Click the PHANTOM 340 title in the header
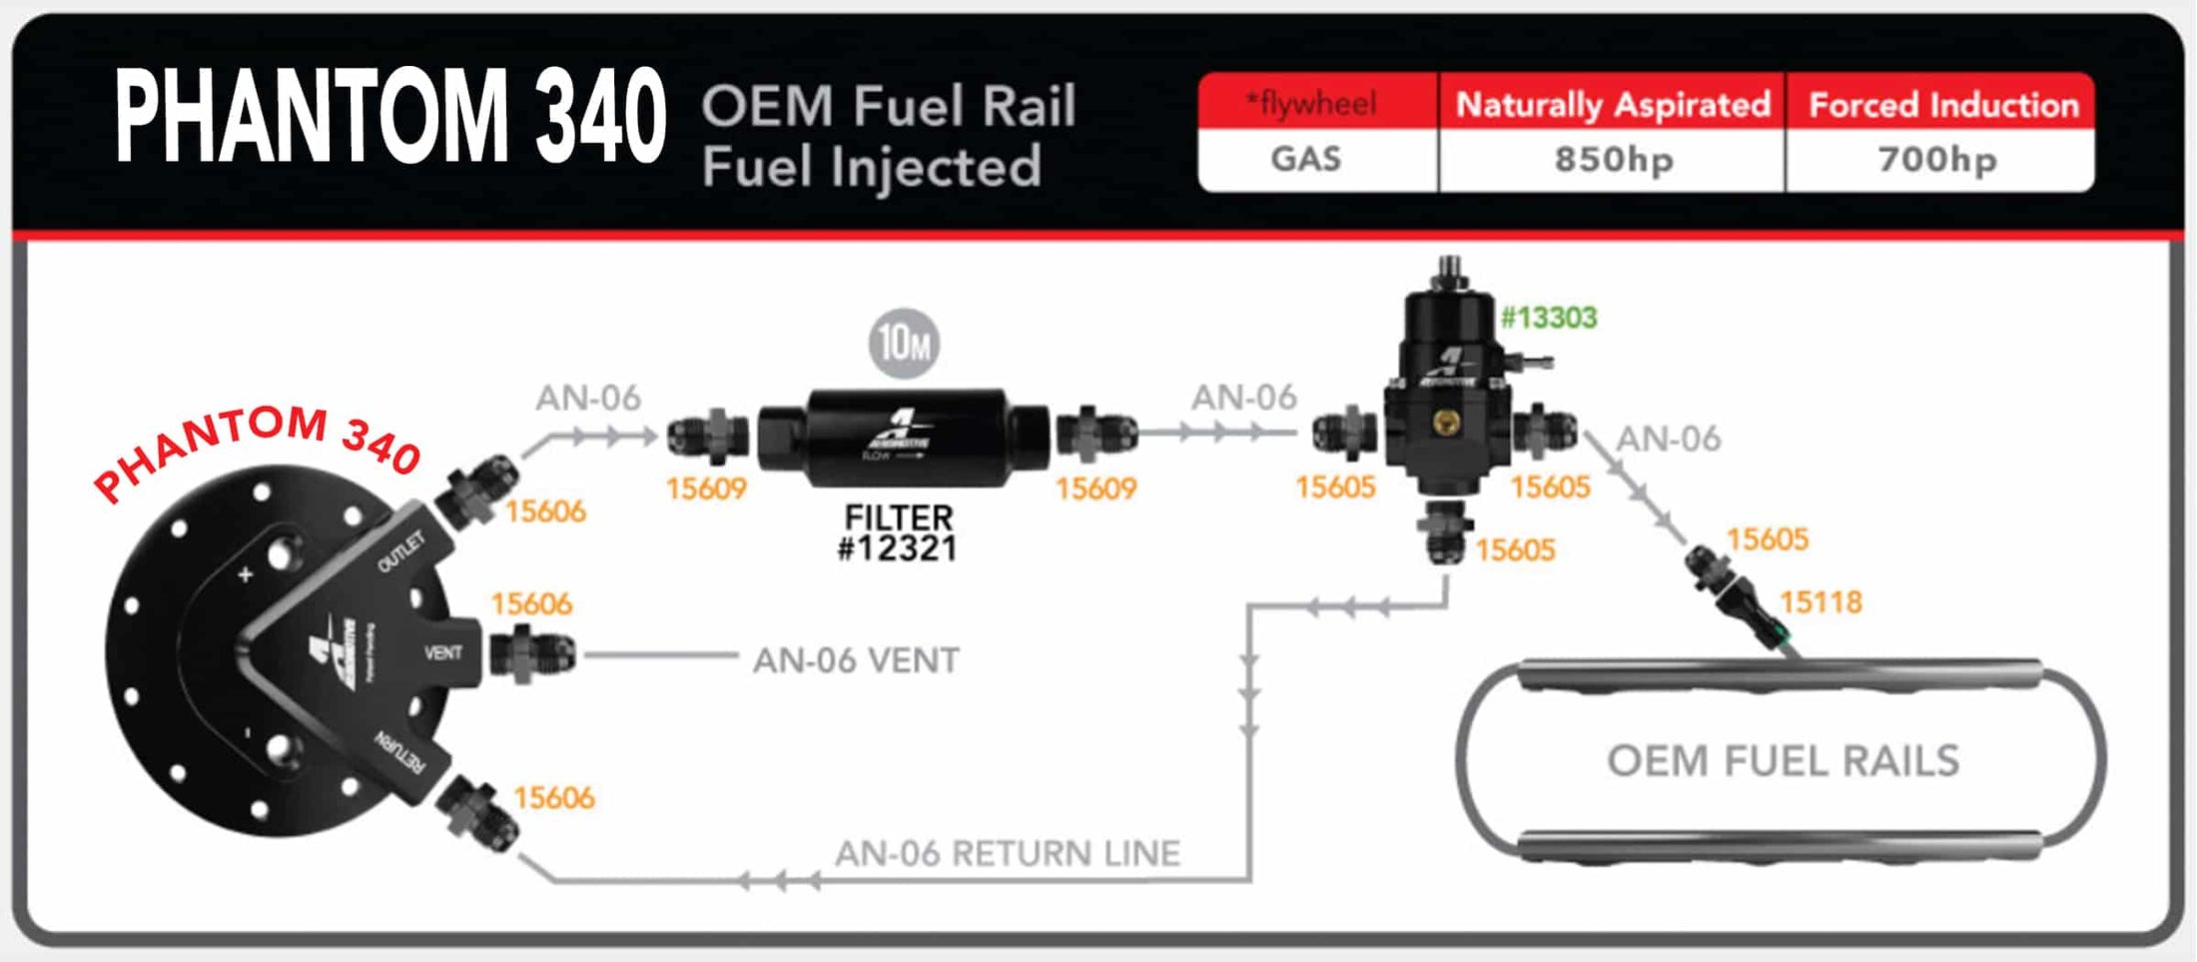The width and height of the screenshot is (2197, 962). [389, 116]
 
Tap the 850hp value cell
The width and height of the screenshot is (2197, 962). [1612, 160]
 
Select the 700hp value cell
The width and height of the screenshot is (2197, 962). [1937, 160]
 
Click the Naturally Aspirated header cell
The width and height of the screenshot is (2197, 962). [1612, 104]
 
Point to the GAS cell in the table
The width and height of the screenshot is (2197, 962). [1305, 160]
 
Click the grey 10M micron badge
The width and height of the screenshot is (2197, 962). [903, 344]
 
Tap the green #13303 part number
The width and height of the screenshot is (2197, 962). [1549, 318]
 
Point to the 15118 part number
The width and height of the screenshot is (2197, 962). [1821, 602]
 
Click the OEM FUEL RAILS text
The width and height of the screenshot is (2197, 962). [1783, 761]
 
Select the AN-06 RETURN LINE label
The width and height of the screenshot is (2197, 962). [1007, 854]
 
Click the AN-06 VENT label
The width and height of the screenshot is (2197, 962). [856, 660]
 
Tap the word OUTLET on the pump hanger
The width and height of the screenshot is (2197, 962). [400, 552]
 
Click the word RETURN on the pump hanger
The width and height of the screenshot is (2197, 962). [399, 751]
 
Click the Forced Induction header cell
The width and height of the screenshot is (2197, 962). [1942, 104]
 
